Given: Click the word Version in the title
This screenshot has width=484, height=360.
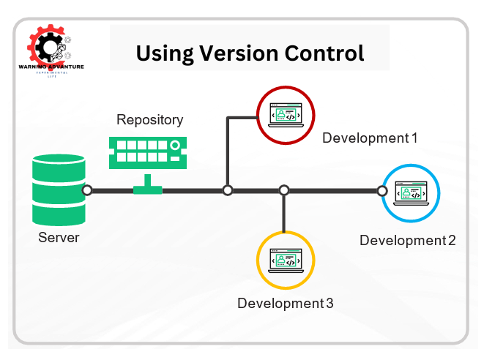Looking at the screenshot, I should point(235,53).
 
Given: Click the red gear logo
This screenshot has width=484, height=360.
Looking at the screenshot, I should point(46,45).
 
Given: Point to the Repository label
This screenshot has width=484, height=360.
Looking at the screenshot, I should point(150,119).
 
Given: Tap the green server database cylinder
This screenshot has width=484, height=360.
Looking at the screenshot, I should point(58,189).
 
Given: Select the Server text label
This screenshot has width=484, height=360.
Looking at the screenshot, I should point(59,237).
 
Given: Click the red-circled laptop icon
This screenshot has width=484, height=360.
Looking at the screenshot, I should point(286,114).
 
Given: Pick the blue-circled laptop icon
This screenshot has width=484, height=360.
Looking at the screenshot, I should point(411,192).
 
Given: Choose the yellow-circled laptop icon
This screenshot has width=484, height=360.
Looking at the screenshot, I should point(286,259).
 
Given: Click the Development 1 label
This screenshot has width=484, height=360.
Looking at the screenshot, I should point(370,138).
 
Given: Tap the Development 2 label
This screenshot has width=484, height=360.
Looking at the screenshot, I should point(407,240).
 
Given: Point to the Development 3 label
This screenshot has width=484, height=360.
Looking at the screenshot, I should point(286,303).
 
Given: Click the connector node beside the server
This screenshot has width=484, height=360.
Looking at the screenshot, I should point(87,190).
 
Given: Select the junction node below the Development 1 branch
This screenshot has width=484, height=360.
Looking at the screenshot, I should point(228,190).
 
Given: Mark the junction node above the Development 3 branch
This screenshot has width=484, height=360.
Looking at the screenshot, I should point(284,190).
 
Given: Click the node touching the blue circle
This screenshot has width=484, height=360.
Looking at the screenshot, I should point(381,190).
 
